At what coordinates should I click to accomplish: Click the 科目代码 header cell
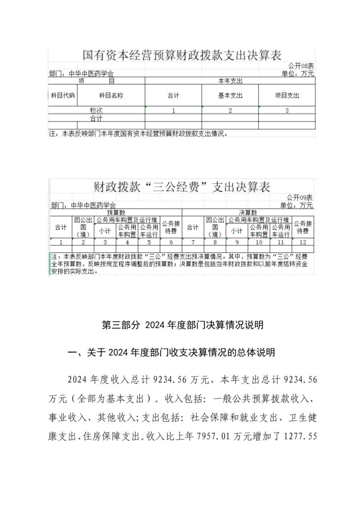click(63, 96)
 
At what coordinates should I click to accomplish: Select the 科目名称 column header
click(111, 96)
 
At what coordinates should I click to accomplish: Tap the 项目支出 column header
click(287, 96)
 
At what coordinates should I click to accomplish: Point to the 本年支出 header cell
click(230, 81)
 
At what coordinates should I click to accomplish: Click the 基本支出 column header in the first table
click(230, 96)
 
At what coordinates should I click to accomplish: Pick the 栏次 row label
click(96, 110)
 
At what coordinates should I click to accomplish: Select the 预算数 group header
click(116, 213)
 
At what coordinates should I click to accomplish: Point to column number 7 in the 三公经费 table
click(193, 242)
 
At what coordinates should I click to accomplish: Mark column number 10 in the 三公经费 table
click(259, 242)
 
